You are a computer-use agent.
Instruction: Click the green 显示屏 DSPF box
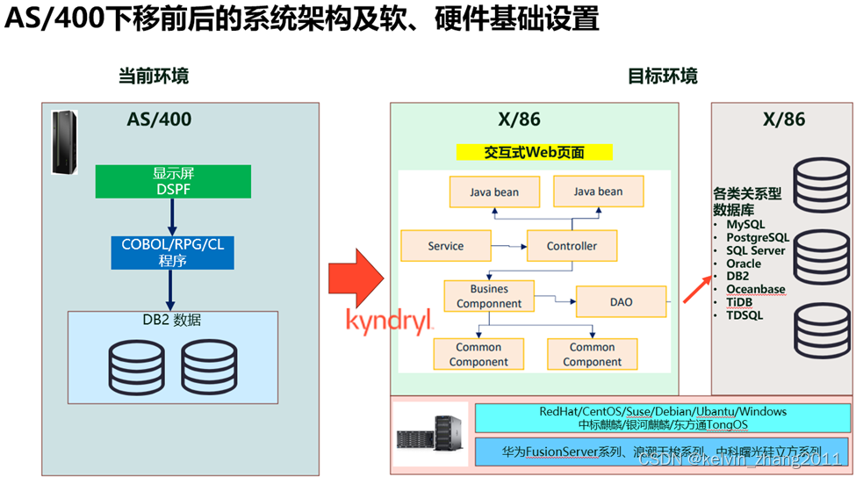tap(173, 181)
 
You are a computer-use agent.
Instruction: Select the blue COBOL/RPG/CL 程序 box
tap(172, 252)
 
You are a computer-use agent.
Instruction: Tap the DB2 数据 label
tap(172, 320)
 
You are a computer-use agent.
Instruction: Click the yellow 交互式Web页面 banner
tap(534, 152)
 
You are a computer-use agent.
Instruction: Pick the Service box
tap(445, 246)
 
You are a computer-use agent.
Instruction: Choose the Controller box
tap(572, 246)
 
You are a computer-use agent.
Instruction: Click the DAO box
tap(621, 301)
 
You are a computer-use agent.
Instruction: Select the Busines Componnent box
tap(489, 296)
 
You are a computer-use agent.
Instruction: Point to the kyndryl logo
tap(389, 322)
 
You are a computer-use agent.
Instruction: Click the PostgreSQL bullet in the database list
tap(757, 237)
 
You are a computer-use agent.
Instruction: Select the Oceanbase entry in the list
tap(755, 289)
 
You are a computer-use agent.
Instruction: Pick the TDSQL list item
tap(744, 314)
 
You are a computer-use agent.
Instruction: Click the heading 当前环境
tap(154, 76)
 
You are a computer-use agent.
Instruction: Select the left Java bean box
tap(494, 192)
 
